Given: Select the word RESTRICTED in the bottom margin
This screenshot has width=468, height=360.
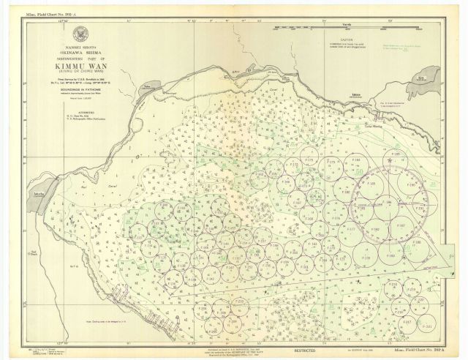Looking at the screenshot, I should pos(311,351).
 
